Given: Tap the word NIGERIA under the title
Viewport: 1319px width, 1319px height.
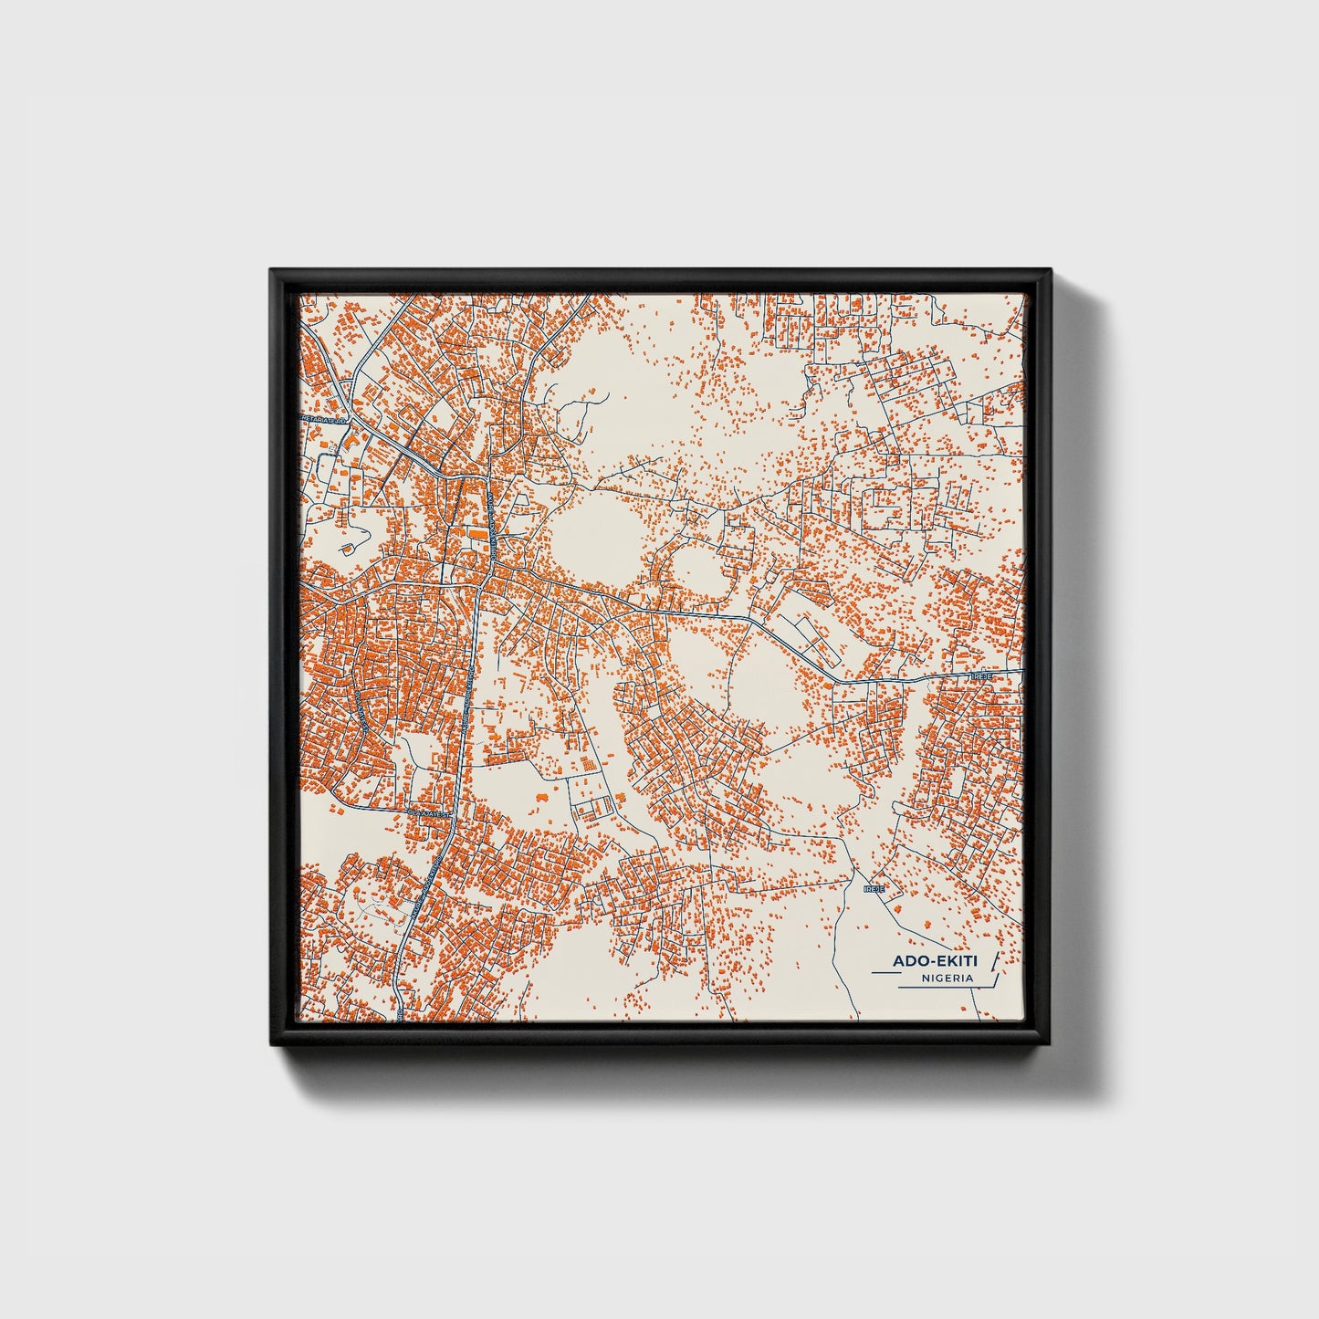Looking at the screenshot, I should click(947, 978).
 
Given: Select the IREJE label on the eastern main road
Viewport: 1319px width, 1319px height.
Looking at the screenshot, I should click(982, 676).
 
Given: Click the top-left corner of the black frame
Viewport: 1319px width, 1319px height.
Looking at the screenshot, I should click(272, 270).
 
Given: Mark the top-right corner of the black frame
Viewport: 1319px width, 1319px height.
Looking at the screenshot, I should click(1050, 270).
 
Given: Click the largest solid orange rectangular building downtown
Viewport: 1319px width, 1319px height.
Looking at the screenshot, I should click(476, 530).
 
